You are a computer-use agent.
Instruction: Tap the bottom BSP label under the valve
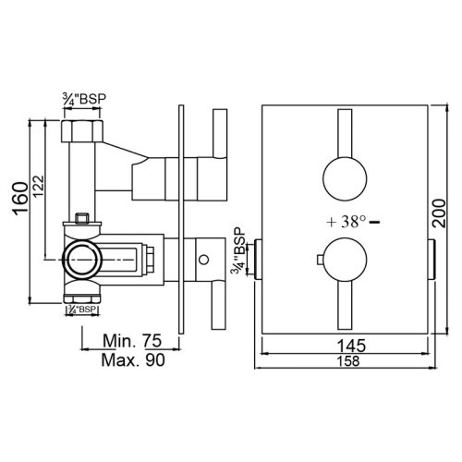[83, 310]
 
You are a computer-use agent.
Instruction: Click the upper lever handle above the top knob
[346, 134]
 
